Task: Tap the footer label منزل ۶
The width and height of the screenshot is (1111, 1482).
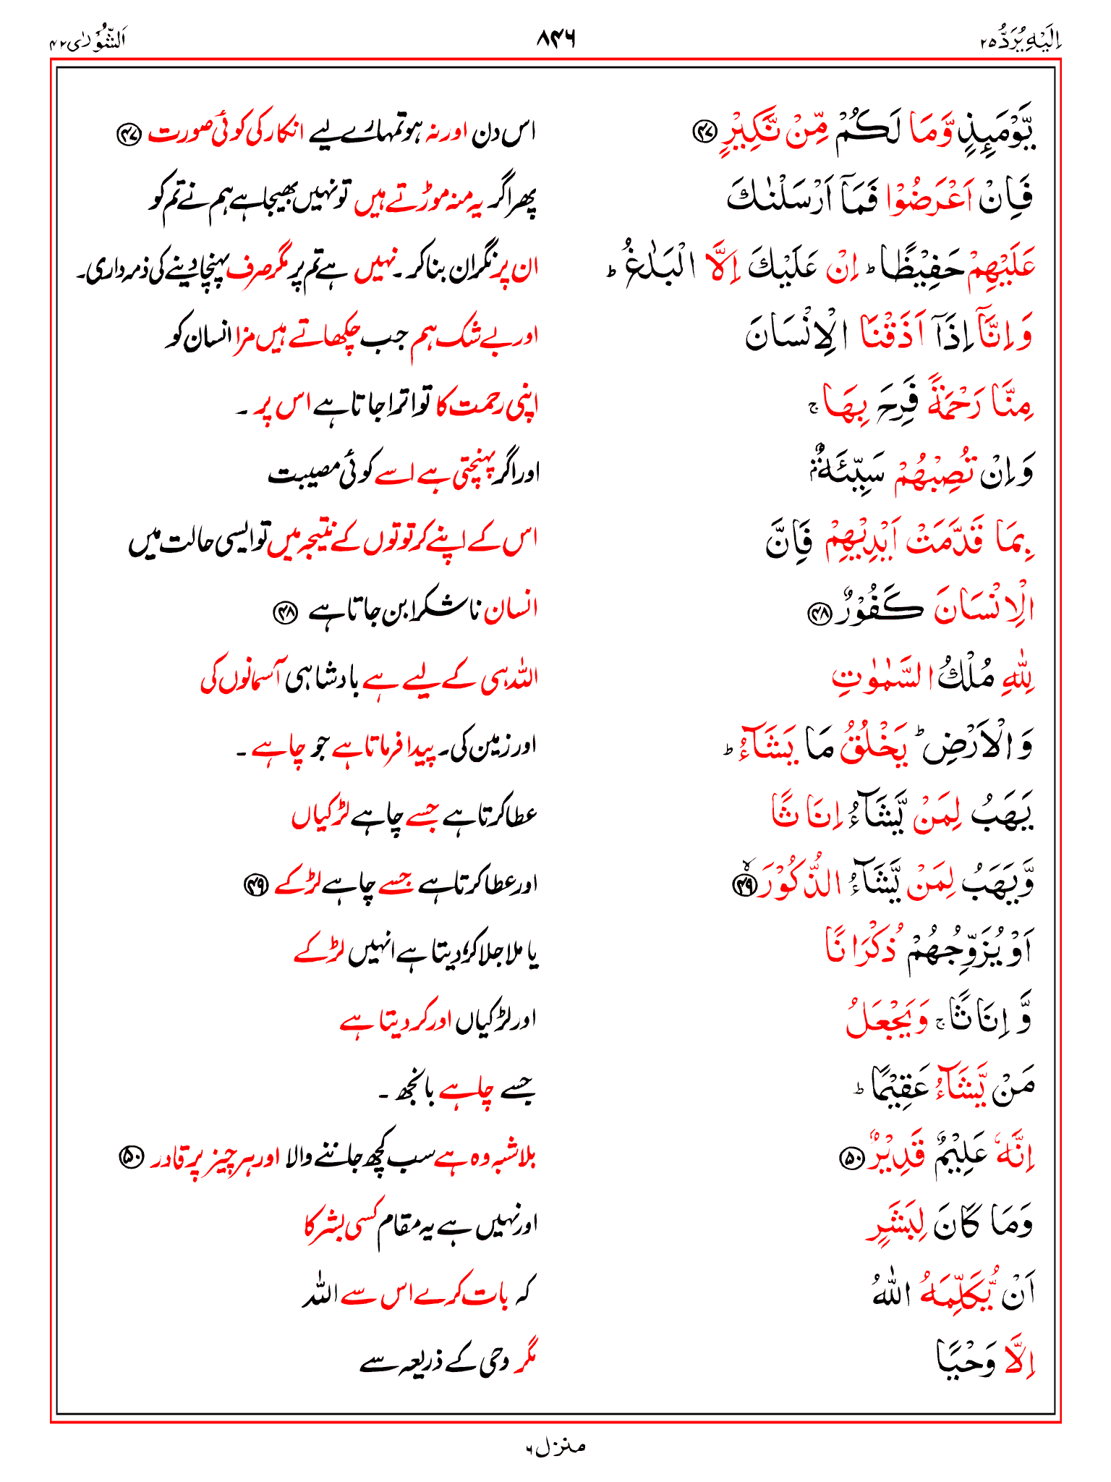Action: tap(555, 1447)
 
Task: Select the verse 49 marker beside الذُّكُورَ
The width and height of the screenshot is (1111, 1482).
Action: tap(744, 884)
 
